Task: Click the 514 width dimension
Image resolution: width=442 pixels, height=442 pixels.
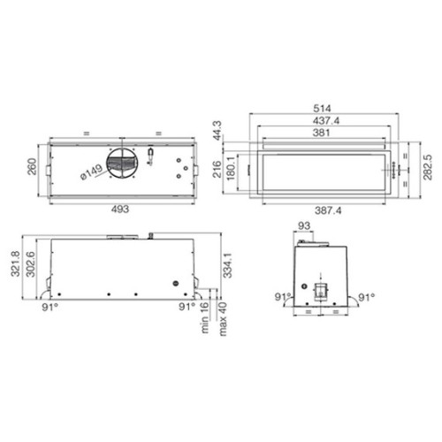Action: coord(322,108)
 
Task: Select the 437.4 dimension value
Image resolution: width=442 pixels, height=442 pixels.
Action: coord(326,120)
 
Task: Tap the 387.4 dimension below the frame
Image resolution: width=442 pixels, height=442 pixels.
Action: coord(328,210)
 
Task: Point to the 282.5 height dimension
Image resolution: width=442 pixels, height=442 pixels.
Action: coord(428,167)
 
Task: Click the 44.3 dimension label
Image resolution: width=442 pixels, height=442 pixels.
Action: coord(218,130)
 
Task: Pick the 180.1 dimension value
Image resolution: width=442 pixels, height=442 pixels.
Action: coord(231,168)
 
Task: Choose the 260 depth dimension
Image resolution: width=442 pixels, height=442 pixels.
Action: coord(32,167)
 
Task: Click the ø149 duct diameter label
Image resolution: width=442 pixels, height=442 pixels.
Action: coord(92,171)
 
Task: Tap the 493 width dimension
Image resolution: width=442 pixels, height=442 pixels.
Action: coord(120,209)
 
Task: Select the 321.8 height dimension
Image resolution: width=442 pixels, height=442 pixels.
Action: coord(15,263)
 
